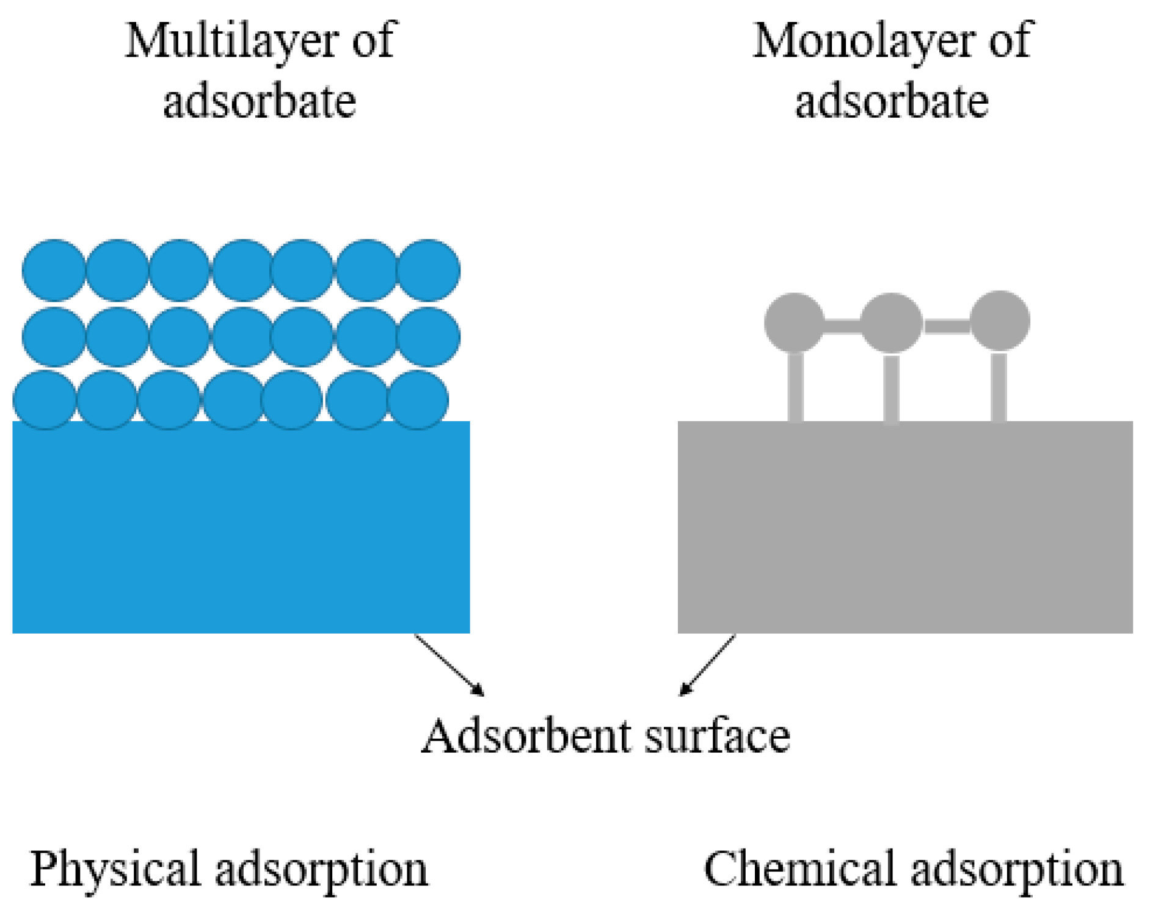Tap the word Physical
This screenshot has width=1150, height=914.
coord(115,869)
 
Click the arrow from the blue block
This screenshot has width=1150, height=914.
coord(449,665)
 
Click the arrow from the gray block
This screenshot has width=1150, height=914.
coord(707,665)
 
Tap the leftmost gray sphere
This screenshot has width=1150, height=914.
coord(794,322)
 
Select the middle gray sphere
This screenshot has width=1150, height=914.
coord(891,322)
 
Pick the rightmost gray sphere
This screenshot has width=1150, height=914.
coord(999,321)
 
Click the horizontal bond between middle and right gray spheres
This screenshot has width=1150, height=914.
coord(946,327)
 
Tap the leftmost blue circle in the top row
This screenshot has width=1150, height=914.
coord(54,270)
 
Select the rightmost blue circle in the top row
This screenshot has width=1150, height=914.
coord(429,270)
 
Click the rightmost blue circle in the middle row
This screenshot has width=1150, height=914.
coord(429,336)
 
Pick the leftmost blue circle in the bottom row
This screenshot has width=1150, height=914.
coord(45,399)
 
